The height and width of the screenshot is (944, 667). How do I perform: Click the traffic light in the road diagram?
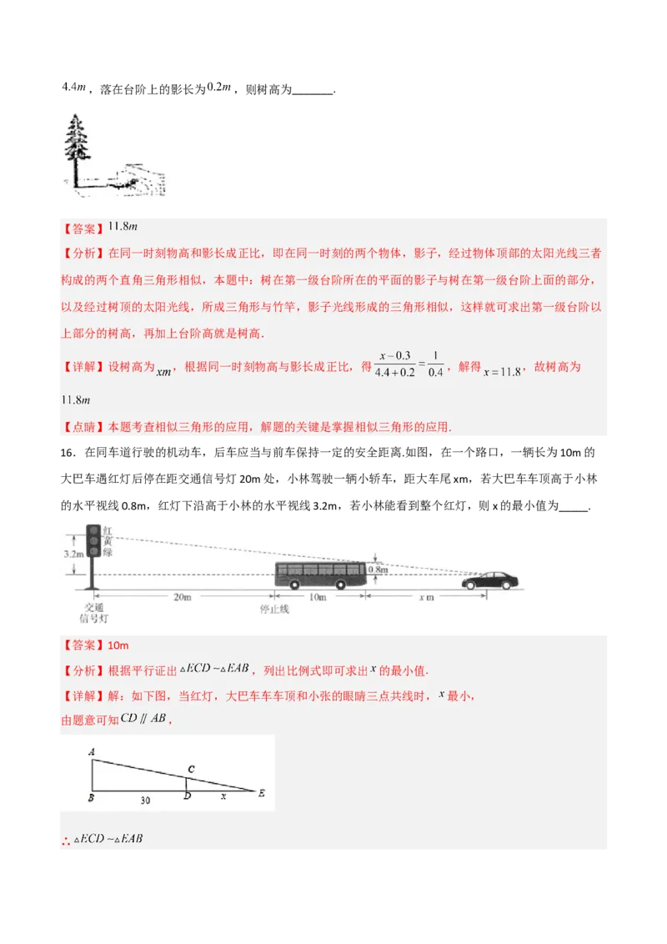93,541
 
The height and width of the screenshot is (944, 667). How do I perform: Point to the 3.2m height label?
72,554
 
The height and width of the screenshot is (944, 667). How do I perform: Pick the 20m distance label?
183,598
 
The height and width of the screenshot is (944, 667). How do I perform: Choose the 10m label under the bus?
318,598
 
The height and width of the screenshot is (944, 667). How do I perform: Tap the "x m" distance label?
426,598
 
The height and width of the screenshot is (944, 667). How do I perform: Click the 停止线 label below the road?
273,610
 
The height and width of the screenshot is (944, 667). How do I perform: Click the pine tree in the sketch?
78,142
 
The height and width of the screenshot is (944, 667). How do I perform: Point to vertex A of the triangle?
91,752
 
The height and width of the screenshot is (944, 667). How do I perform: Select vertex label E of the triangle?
262,794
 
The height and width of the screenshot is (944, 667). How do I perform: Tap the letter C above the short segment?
191,769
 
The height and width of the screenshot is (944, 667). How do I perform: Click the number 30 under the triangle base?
145,800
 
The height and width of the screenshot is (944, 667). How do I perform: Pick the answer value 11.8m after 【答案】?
122,227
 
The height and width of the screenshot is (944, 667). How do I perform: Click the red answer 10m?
118,645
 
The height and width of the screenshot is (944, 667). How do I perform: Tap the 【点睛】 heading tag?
79,426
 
